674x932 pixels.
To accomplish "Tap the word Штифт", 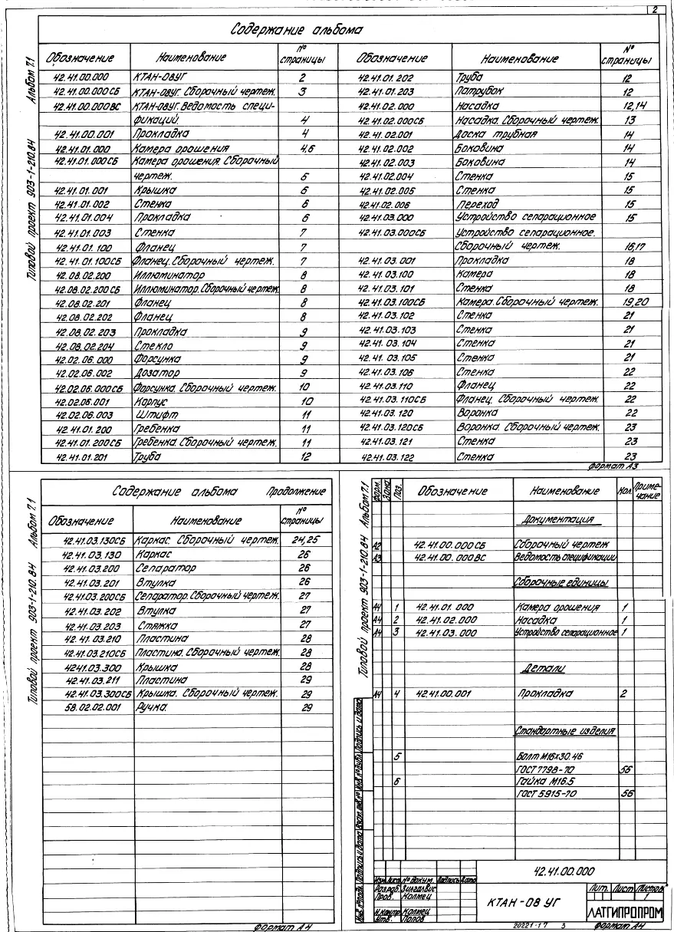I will point(153,417).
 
